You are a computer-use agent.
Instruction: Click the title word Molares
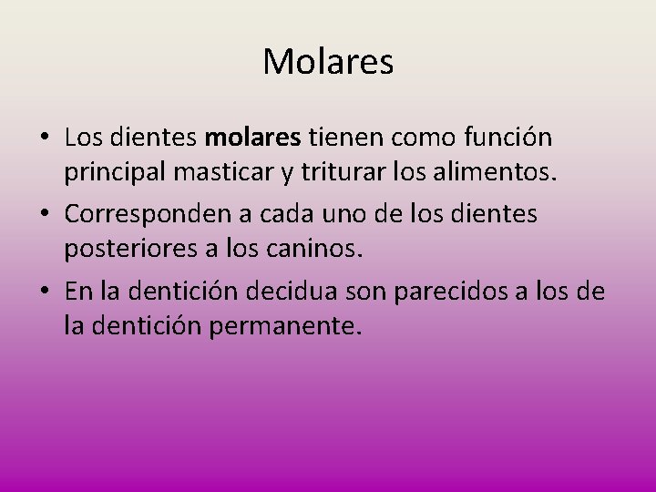(x=328, y=62)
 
